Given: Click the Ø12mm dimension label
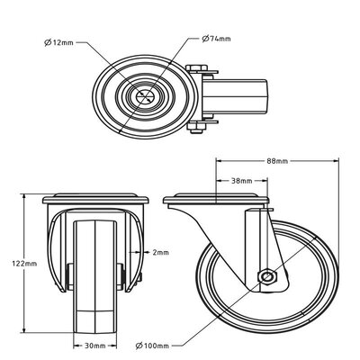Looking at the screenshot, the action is click(58, 42).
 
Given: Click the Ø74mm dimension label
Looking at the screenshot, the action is click(216, 39).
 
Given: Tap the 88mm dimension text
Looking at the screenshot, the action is click(277, 161).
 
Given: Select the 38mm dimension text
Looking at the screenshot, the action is click(242, 181).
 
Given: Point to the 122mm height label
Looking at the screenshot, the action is click(24, 264).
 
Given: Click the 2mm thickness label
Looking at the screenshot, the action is click(161, 253).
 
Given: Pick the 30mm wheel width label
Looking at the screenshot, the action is click(94, 346).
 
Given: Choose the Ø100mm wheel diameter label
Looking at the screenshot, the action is click(152, 346).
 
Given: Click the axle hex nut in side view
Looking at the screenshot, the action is click(266, 276).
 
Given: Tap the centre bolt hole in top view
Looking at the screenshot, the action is click(144, 96).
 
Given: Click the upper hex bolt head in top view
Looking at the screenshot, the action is click(196, 67).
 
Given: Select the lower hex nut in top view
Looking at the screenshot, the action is click(197, 127).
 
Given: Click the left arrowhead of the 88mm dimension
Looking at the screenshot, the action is click(219, 161).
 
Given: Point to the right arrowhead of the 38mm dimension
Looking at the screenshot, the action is click(265, 181).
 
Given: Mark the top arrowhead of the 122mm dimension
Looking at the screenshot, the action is click(23, 197).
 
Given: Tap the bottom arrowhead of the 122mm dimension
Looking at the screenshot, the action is click(23, 329).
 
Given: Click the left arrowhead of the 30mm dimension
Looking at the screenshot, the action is click(76, 346).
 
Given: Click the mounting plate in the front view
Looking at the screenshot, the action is click(95, 199).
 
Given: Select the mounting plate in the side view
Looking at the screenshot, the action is click(215, 199).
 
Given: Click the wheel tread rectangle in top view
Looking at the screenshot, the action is click(235, 96).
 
